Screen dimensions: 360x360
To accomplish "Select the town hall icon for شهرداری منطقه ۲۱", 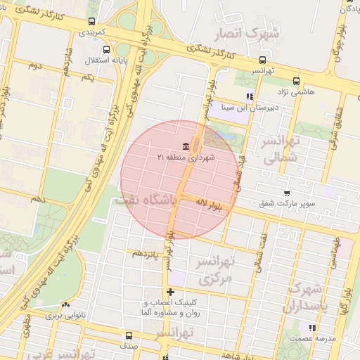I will (186, 146).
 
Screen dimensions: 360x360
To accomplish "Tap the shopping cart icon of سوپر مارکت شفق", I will (287, 193).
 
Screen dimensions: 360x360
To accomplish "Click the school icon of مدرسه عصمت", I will (312, 327).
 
